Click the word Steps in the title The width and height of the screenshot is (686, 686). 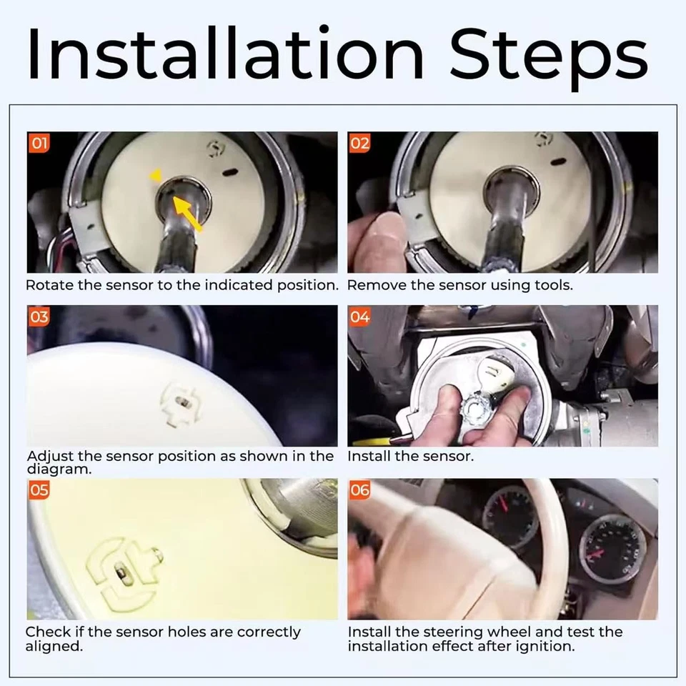pos(549,59)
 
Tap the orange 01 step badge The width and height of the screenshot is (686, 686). pos(39,143)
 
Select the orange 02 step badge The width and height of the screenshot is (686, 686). pos(359,143)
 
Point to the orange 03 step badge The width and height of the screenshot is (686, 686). pos(39,317)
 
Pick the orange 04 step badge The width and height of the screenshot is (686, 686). pos(359,317)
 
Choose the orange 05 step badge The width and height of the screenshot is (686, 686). pos(39,489)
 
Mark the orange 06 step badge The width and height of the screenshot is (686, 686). pos(359,489)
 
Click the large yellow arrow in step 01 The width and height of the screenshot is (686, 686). pos(187,213)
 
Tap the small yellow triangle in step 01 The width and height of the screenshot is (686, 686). pos(156,176)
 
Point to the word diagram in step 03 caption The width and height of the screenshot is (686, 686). pos(59,469)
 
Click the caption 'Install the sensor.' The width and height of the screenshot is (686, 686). pos(410,457)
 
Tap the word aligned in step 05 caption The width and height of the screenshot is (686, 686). pos(54,646)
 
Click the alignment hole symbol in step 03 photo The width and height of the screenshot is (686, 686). pos(182,403)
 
